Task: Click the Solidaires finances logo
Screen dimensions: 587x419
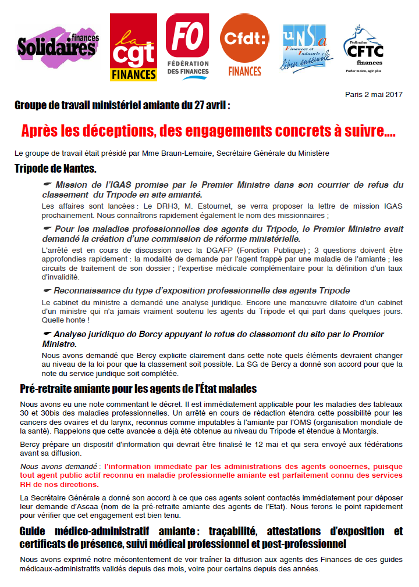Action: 58,48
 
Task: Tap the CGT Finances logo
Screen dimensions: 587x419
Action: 134,47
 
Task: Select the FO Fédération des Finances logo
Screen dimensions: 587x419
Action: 187,46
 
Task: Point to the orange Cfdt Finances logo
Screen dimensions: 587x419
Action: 244,46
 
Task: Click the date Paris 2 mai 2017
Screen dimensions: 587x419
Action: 374,94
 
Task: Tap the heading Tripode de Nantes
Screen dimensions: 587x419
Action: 55,169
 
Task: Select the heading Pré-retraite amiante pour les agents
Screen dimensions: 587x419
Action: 138,388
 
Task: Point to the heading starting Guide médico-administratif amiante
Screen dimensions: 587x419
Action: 211,538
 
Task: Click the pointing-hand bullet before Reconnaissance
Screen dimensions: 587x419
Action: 48,290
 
